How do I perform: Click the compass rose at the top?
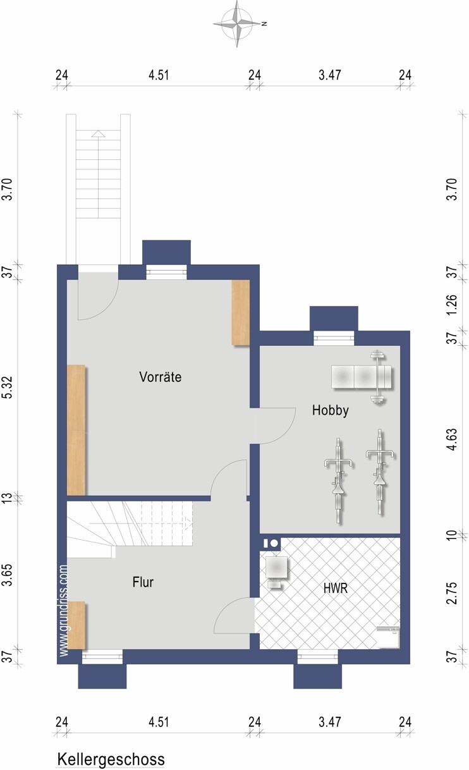point(237,24)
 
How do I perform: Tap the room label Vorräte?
point(160,377)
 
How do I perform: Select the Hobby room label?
point(330,410)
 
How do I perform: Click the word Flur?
point(143,582)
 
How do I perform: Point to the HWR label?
point(336,588)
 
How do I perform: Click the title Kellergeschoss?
point(111,759)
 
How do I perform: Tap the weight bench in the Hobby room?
point(362,377)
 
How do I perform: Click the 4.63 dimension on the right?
point(452,439)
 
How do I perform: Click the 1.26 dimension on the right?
point(452,304)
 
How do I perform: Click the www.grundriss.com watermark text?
point(64,611)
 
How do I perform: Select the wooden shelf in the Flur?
point(76,625)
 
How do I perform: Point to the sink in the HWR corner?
point(388,637)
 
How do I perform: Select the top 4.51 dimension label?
point(159,75)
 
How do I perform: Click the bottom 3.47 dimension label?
point(330,721)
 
